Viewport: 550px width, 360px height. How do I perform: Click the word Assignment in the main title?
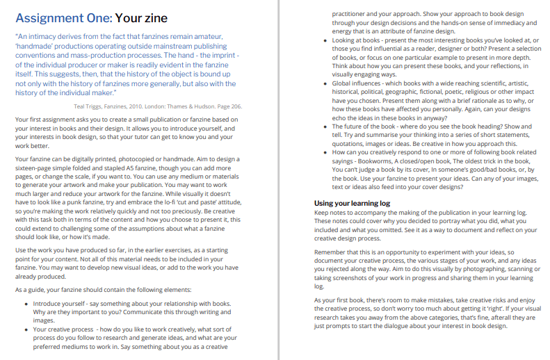47,18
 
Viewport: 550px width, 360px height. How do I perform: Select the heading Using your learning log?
352,203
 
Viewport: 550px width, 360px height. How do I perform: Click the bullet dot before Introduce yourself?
26,304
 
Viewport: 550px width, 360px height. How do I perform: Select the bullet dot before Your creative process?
26,329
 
